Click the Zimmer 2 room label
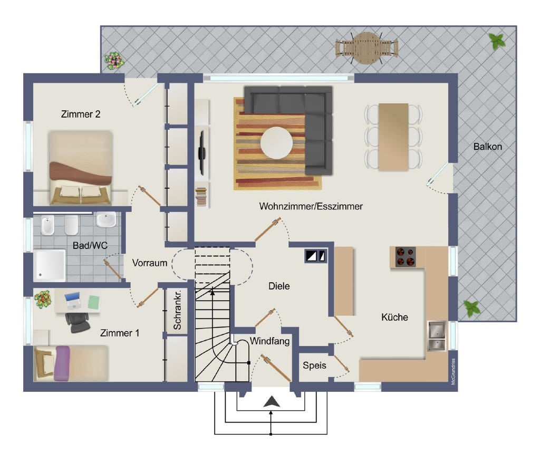[x=81, y=114]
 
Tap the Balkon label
[x=487, y=147]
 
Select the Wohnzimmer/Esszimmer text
[x=311, y=206]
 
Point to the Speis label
[x=314, y=365]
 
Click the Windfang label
[x=269, y=341]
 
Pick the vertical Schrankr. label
[x=177, y=310]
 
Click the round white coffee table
[x=276, y=142]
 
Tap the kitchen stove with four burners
[x=405, y=257]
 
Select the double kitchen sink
[x=437, y=336]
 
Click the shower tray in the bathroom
[x=50, y=265]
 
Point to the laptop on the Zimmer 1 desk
[x=72, y=301]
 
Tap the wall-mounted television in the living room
[x=202, y=152]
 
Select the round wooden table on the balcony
[x=367, y=48]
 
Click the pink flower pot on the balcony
[x=114, y=61]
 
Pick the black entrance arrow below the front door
[x=272, y=402]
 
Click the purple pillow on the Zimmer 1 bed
[x=62, y=363]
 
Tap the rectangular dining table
[x=393, y=137]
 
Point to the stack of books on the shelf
[x=201, y=197]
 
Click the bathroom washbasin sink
[x=106, y=219]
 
